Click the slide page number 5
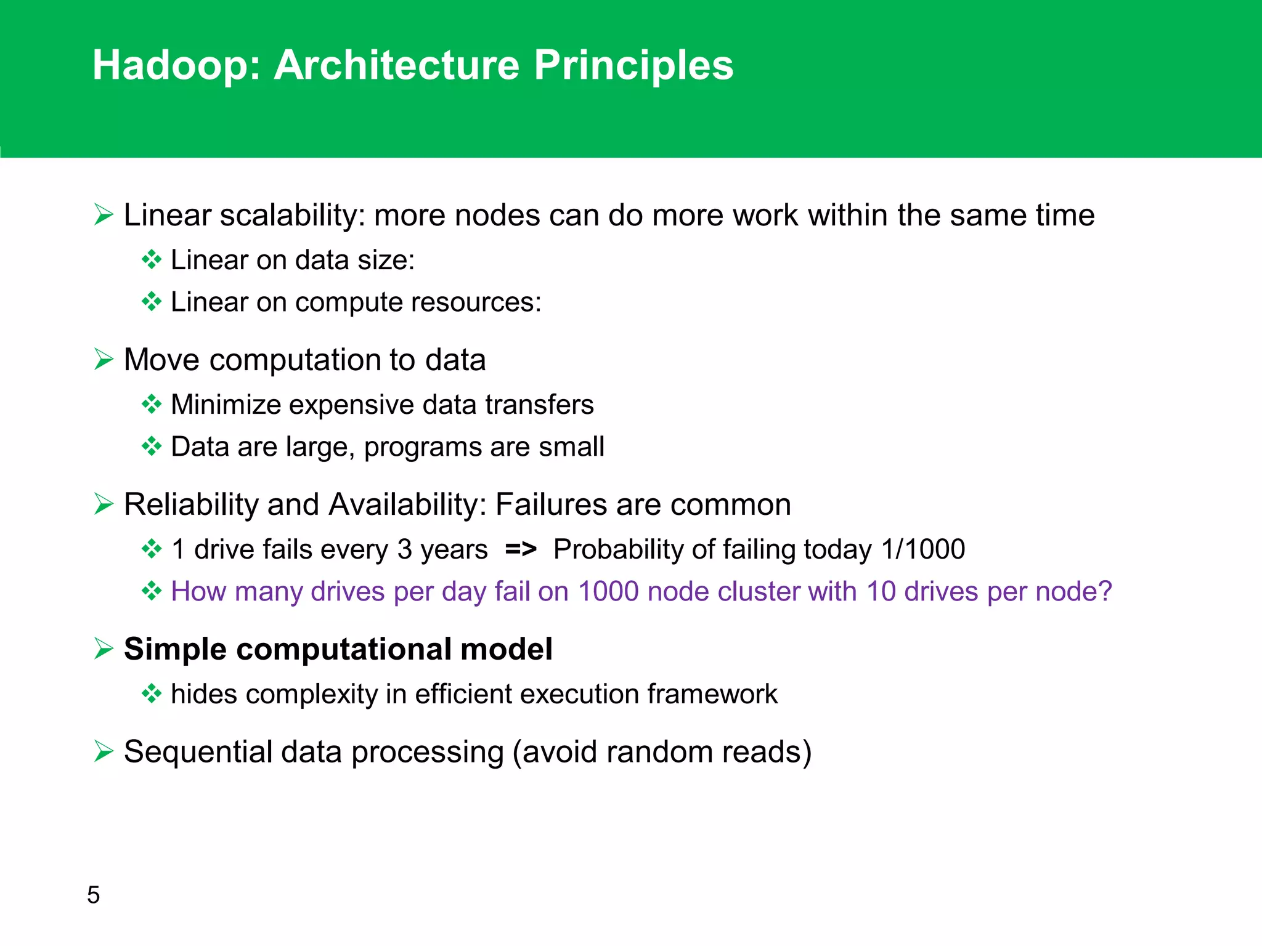[93, 895]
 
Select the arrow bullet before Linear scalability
[104, 215]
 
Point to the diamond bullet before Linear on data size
[152, 260]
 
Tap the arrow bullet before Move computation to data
[104, 359]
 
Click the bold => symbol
[521, 549]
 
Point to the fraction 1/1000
[922, 549]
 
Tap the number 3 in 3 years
[404, 549]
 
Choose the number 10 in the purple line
[881, 591]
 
